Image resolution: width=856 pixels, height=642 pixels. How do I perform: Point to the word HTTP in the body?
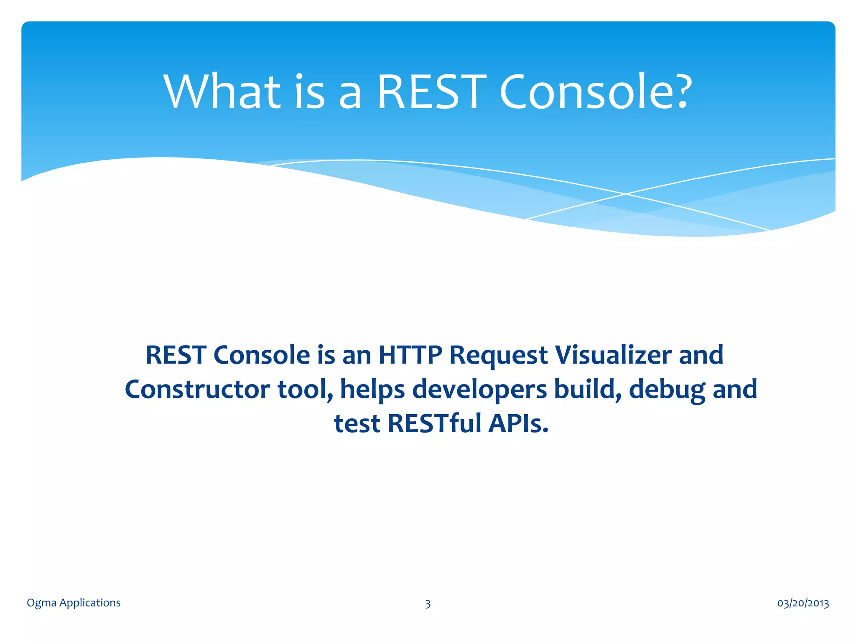point(410,355)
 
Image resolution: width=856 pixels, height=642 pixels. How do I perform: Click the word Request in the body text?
point(498,356)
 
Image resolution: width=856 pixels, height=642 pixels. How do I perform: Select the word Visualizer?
point(613,355)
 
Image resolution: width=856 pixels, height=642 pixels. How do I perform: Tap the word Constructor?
point(197,389)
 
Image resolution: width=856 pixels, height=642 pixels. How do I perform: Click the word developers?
point(479,390)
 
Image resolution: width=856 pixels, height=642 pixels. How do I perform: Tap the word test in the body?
point(357,424)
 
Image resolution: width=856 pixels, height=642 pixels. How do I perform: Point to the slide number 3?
point(428,604)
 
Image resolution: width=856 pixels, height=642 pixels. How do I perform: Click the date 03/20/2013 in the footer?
point(803,603)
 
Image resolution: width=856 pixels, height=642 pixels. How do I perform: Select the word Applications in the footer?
point(90,603)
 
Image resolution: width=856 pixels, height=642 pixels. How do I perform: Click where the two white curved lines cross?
point(626,194)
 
